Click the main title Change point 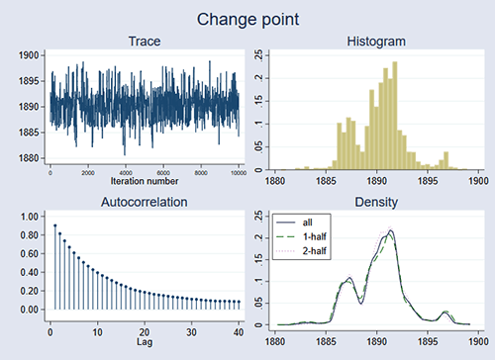tap(247, 18)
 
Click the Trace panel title tap(146, 41)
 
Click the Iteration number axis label tap(145, 182)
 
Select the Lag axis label tap(146, 342)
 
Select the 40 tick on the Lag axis tap(238, 332)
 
